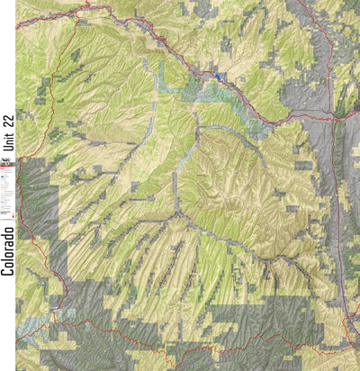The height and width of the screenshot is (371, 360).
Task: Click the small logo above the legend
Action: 8,163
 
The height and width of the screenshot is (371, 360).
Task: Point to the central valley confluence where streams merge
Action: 176,213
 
